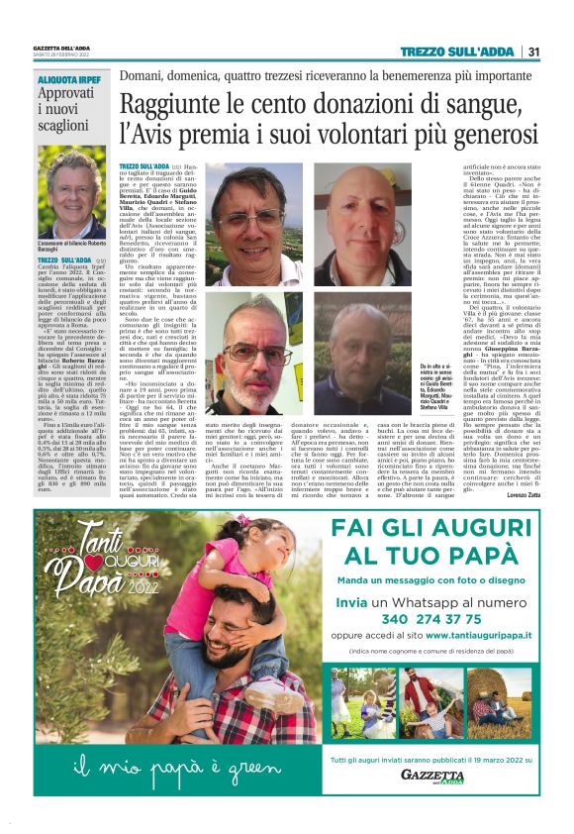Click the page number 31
(x=533, y=52)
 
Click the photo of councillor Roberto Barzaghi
(x=70, y=192)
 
